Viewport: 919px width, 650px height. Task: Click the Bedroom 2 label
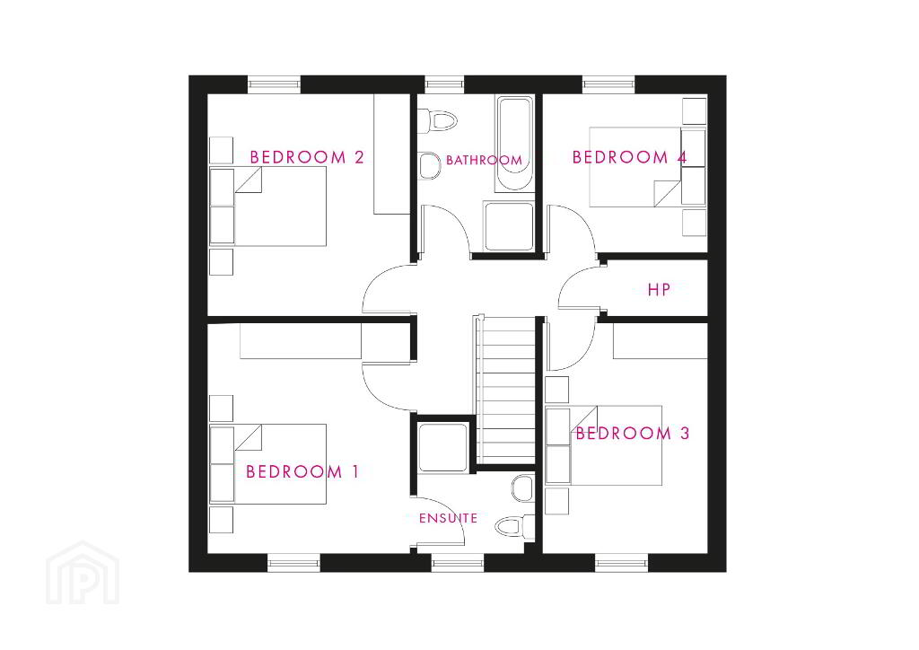click(x=307, y=157)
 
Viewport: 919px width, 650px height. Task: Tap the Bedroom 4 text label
click(x=629, y=157)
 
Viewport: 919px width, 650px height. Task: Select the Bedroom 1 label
click(x=302, y=471)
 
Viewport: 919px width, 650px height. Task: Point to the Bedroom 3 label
click(x=633, y=433)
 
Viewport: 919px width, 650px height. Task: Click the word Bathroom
click(x=484, y=160)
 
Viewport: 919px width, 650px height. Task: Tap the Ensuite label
click(x=448, y=518)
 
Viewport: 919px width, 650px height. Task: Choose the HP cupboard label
click(x=659, y=290)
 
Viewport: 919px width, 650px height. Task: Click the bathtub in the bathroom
click(x=514, y=144)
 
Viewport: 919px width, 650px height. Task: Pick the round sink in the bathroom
click(x=430, y=166)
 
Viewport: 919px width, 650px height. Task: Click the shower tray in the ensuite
click(x=443, y=447)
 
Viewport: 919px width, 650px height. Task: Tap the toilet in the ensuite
click(x=514, y=526)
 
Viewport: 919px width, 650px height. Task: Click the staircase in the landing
click(x=507, y=389)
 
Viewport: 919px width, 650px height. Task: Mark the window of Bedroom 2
click(x=275, y=84)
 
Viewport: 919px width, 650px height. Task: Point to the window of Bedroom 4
click(x=608, y=84)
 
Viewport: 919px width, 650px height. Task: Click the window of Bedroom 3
click(x=622, y=563)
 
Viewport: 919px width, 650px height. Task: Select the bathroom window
click(x=443, y=84)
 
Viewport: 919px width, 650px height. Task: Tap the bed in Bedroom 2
click(x=267, y=206)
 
